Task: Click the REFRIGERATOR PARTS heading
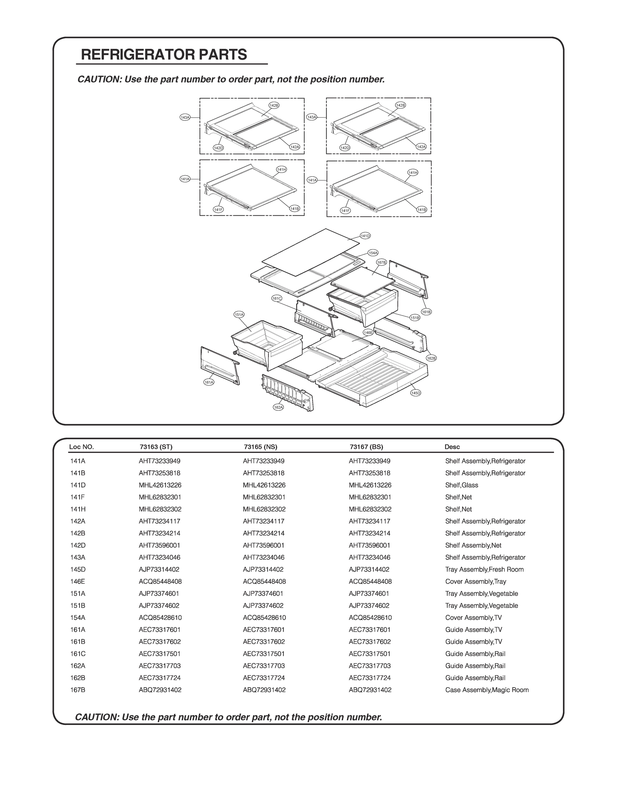(x=164, y=55)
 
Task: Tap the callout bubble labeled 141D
(x=365, y=236)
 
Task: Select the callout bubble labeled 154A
(x=373, y=252)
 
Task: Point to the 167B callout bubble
(x=381, y=262)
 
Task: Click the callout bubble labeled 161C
(x=277, y=298)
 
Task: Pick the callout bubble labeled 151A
(x=239, y=315)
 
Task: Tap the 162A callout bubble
(x=278, y=407)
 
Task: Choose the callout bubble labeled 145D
(x=416, y=393)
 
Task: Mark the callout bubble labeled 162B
(x=431, y=358)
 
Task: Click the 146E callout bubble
(x=368, y=332)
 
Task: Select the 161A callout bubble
(x=209, y=382)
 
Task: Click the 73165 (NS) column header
(x=261, y=447)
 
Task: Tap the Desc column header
(x=452, y=447)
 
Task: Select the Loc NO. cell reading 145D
(x=78, y=569)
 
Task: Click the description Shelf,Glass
(x=461, y=485)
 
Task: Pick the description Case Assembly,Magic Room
(x=487, y=690)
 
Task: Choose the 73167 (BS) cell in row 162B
(x=370, y=678)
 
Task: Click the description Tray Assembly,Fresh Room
(x=484, y=569)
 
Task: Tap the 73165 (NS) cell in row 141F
(x=264, y=497)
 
